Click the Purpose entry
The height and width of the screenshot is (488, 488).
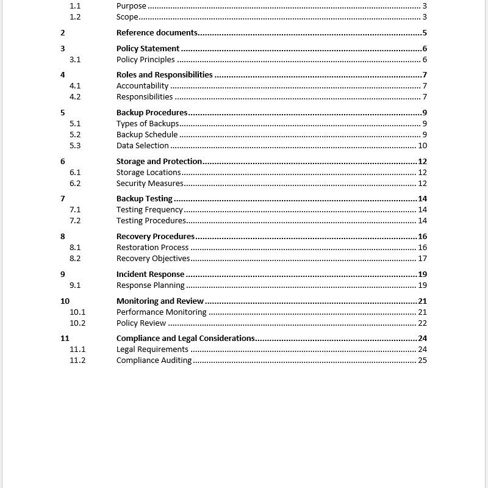click(131, 6)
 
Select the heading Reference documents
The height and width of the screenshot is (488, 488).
click(157, 33)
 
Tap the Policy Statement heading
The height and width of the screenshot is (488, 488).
click(148, 49)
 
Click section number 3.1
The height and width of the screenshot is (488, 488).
click(75, 60)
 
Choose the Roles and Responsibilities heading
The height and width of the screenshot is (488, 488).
click(164, 75)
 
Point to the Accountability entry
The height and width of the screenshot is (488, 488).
click(142, 86)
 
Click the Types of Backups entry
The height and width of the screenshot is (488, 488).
click(148, 124)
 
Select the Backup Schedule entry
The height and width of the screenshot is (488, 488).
click(147, 135)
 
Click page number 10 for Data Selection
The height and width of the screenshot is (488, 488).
click(422, 146)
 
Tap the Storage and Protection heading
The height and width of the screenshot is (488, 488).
click(159, 162)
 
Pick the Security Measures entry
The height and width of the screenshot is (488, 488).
click(149, 184)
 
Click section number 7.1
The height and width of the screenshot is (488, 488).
click(75, 210)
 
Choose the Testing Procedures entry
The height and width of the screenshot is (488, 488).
click(151, 221)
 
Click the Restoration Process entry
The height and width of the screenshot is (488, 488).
click(152, 248)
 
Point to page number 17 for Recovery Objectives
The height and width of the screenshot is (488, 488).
click(422, 259)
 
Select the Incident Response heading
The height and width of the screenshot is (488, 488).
click(150, 274)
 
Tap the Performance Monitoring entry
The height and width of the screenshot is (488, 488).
click(161, 312)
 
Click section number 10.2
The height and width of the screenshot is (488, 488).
click(77, 323)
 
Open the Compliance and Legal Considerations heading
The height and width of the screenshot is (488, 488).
click(185, 339)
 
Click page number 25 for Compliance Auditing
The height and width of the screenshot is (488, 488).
click(422, 361)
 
